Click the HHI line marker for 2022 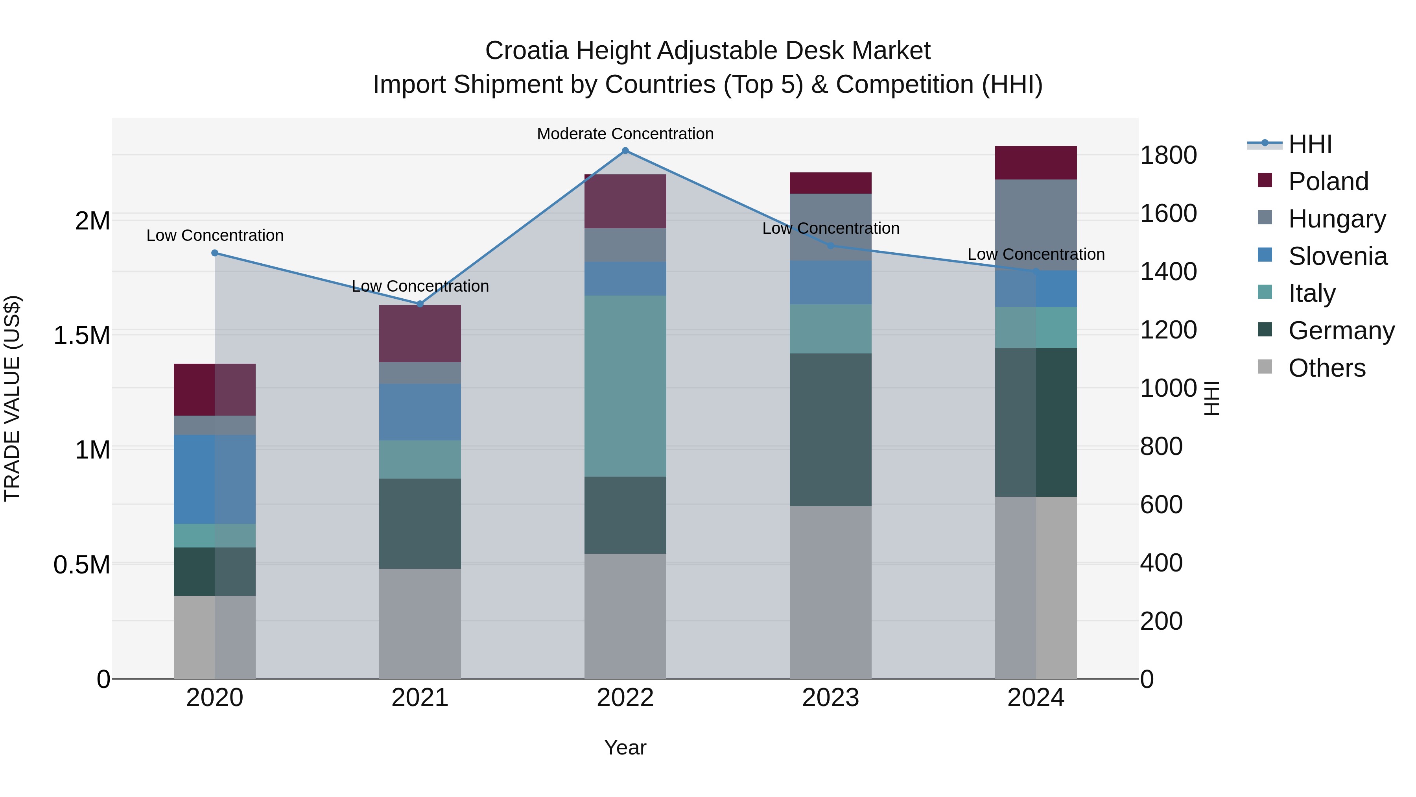(x=625, y=151)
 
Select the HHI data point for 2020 (x=215, y=253)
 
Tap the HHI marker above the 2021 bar (x=420, y=304)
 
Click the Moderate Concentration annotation (x=625, y=134)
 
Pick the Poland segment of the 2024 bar (x=1036, y=163)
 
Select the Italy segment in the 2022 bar (x=625, y=386)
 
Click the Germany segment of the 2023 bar (x=831, y=429)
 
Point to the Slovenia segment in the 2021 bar (x=420, y=412)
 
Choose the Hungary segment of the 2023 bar (x=831, y=227)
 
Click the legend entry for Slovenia (x=1337, y=256)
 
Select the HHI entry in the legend (x=1310, y=144)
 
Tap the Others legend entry (x=1326, y=368)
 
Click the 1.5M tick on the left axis (x=81, y=335)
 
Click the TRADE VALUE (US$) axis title (x=12, y=398)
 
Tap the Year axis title (x=625, y=747)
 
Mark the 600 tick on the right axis (x=1161, y=505)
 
